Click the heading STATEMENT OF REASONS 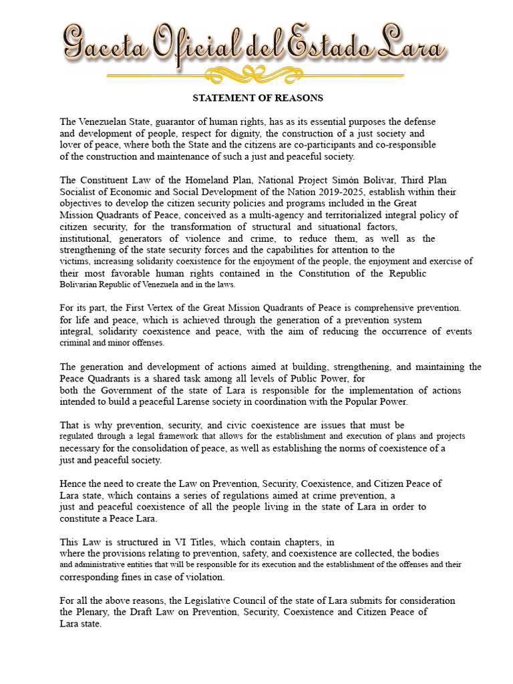(257, 98)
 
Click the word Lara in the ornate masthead (414, 46)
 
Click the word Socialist (79, 192)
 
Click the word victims (75, 261)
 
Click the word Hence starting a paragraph (73, 484)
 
